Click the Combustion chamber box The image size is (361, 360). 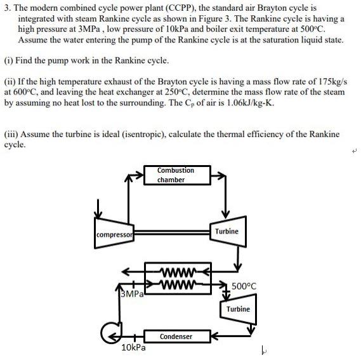tap(176, 175)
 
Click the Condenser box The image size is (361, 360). tap(176, 336)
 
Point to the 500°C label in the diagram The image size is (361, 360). tap(244, 286)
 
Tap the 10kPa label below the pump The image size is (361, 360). tap(133, 347)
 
